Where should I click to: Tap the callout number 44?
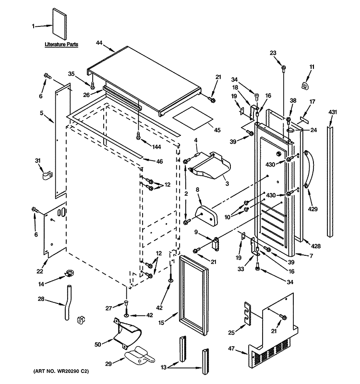[x=99, y=43]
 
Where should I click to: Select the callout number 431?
[x=333, y=112]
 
